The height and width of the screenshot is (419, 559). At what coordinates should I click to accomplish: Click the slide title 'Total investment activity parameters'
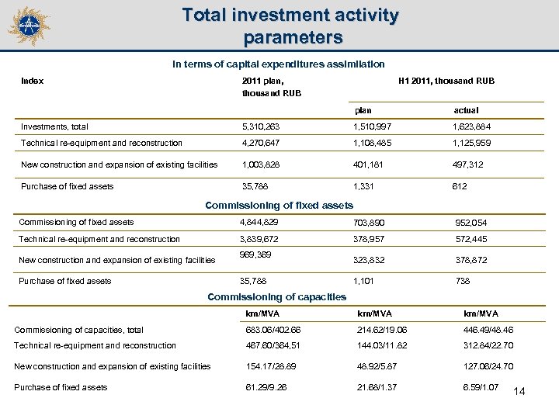290,26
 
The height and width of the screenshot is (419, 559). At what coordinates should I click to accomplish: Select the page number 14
519,391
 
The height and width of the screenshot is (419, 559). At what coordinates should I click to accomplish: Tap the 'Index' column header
32,80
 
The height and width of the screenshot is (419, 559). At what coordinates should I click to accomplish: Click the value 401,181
369,165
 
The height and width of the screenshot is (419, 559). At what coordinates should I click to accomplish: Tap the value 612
460,186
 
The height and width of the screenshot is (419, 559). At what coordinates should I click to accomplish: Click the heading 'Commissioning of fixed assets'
279,206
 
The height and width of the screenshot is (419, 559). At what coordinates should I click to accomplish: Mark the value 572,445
477,239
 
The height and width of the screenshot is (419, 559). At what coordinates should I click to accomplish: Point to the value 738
462,281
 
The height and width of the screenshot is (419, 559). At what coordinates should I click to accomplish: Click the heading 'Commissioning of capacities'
277,297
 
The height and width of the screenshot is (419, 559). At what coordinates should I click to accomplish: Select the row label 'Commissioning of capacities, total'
78,330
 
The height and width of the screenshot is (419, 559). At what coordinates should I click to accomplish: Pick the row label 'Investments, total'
54,126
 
